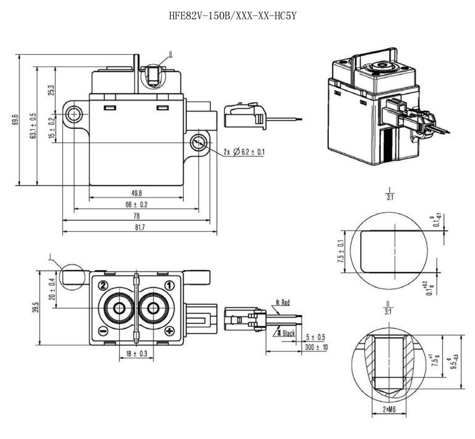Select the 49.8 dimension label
pos(136,192)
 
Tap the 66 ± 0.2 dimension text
pos(136,204)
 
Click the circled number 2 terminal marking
pos(103,285)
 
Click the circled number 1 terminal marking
pos(169,285)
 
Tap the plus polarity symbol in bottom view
pos(169,332)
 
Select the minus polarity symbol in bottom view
pos(103,332)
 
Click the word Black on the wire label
pos(288,333)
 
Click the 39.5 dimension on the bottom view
pos(35,306)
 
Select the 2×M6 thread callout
pos(389,410)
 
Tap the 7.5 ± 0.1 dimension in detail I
pos(339,251)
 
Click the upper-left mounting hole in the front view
pos(75,113)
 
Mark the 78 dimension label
pos(136,216)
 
